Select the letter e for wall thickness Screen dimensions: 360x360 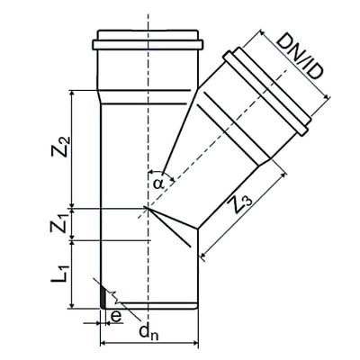pos(114,316)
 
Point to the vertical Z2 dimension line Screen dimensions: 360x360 pos(71,148)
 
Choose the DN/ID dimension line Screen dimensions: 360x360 pos(286,73)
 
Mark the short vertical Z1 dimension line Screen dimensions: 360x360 pos(71,225)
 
